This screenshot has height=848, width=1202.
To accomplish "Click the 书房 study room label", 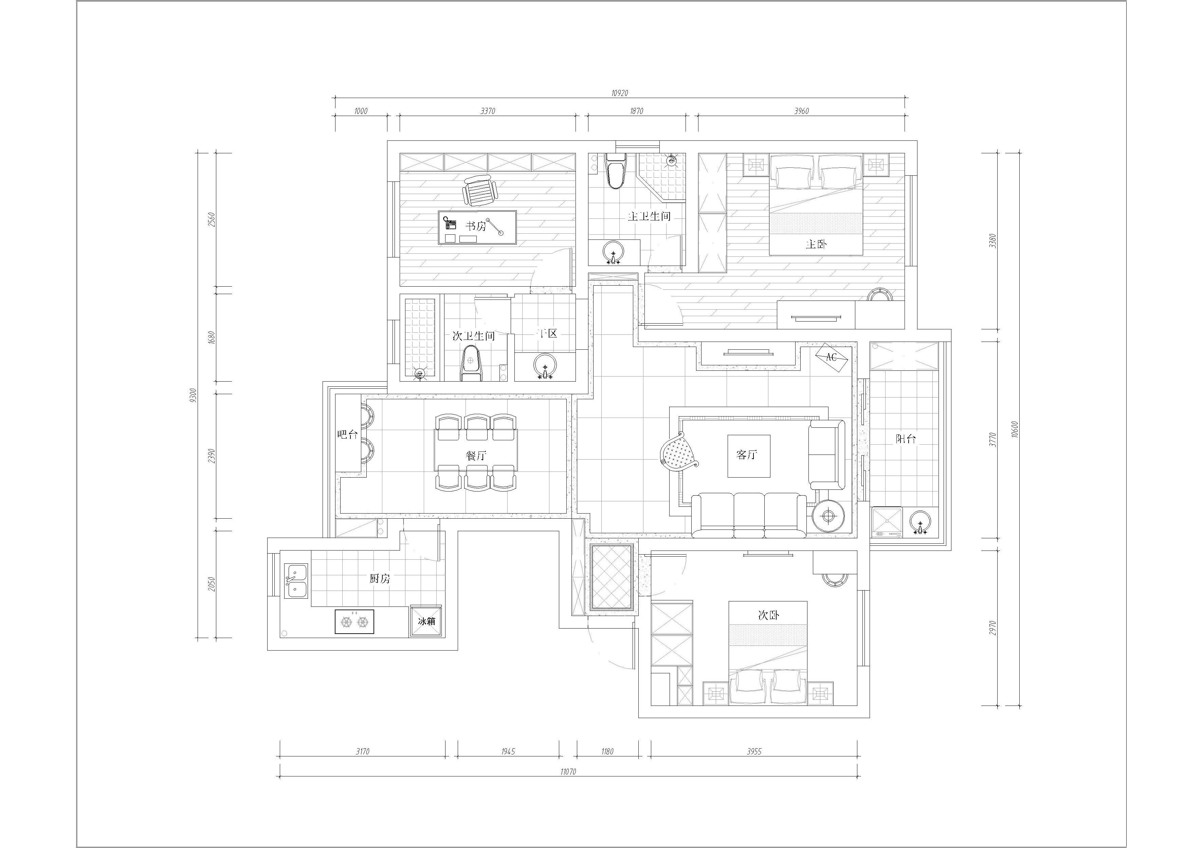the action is (x=476, y=226).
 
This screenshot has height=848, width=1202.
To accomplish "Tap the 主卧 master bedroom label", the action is (x=816, y=244).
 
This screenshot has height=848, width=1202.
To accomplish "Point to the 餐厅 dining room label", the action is (x=476, y=456).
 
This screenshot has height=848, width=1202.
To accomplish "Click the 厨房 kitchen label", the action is (x=380, y=579).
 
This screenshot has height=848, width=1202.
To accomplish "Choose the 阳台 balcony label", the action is (x=906, y=439).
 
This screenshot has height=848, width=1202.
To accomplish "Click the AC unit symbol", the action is (x=831, y=358).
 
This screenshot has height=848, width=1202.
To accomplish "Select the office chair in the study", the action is (x=479, y=190).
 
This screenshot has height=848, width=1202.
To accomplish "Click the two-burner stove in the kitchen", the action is (x=354, y=621).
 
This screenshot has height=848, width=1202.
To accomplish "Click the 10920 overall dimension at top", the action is (x=619, y=93).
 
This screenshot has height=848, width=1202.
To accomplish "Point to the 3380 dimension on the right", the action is (x=992, y=240).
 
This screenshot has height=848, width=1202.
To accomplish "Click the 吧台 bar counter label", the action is (x=347, y=434).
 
